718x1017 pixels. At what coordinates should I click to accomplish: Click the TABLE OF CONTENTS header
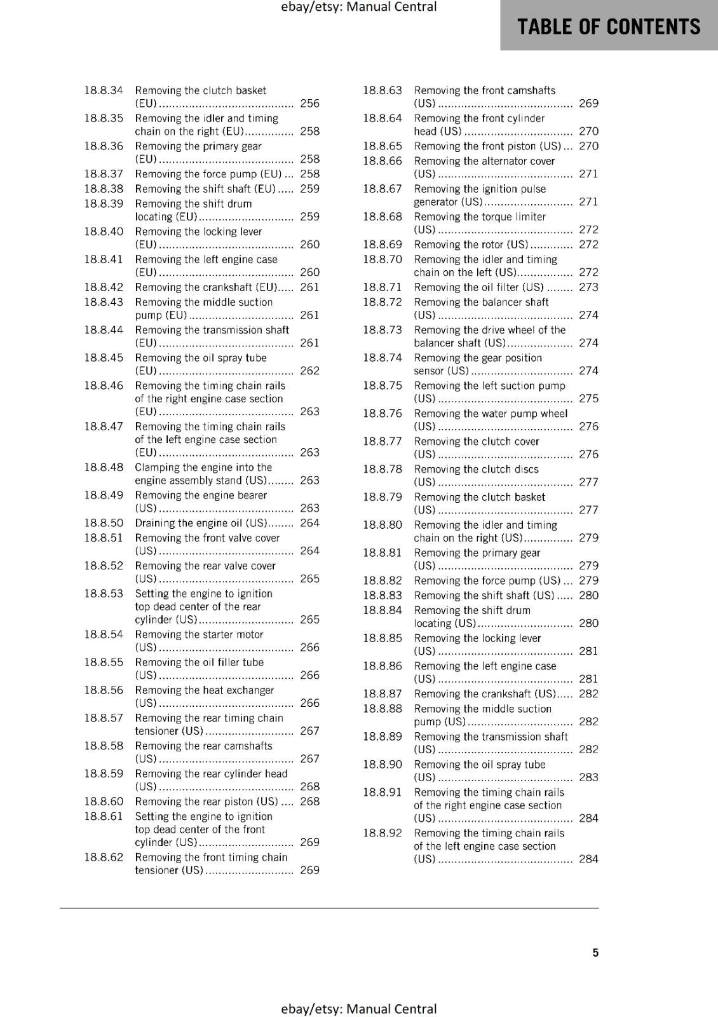tap(609, 27)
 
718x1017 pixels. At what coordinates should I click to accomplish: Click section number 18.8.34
tap(104, 90)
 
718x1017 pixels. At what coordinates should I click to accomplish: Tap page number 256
tap(309, 104)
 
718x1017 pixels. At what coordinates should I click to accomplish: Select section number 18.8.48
tap(104, 467)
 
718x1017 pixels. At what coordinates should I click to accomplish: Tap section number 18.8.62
tap(104, 857)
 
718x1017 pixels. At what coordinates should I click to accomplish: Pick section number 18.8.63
tap(383, 90)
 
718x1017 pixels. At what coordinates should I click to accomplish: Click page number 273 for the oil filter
tap(588, 287)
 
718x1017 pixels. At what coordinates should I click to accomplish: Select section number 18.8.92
tap(383, 833)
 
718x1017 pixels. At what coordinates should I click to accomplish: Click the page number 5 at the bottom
tap(595, 952)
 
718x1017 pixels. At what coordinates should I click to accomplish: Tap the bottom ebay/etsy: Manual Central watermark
tap(358, 1009)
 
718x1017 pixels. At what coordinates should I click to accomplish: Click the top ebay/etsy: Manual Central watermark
tap(358, 7)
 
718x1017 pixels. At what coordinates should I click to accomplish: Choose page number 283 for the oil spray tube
tap(588, 777)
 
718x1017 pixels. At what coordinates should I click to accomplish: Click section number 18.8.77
tap(383, 441)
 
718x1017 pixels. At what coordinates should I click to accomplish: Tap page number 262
tap(309, 371)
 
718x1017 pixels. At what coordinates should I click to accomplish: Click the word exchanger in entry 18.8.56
tap(248, 690)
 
